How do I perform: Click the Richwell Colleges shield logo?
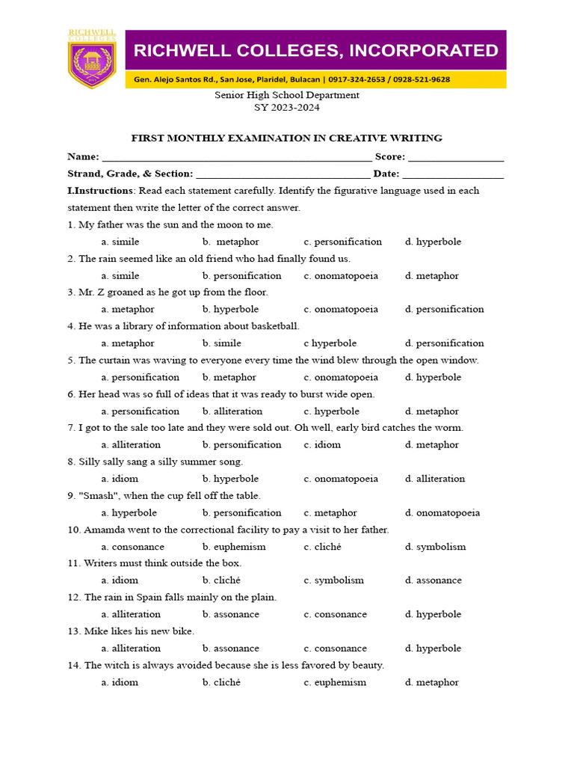click(x=92, y=61)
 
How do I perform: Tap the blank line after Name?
click(x=236, y=159)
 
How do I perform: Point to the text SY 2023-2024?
click(x=287, y=108)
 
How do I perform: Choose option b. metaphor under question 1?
click(x=230, y=242)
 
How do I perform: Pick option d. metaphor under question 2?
click(x=432, y=275)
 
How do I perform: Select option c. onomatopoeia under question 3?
click(x=341, y=309)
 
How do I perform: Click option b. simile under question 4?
click(x=222, y=343)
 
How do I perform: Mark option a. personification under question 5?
click(x=141, y=377)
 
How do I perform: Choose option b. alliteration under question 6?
click(x=232, y=411)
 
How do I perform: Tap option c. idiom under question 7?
click(x=322, y=444)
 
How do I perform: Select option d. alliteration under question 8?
click(x=435, y=479)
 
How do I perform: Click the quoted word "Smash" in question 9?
click(x=96, y=496)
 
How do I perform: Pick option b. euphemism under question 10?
click(x=234, y=547)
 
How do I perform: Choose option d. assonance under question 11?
click(x=433, y=580)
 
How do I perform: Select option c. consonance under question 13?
click(x=336, y=649)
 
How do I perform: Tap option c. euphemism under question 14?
click(x=335, y=682)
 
